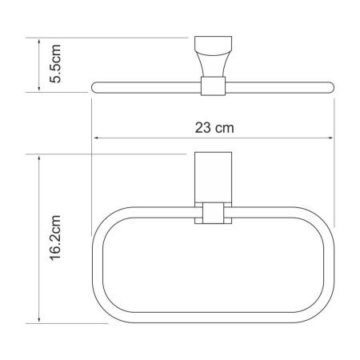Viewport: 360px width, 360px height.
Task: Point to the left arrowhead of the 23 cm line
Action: coord(98,137)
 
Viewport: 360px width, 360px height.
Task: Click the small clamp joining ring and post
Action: coord(213,214)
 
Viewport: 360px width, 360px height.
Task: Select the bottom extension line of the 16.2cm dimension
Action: coord(68,323)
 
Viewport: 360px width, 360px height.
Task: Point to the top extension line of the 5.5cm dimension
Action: coord(112,37)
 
